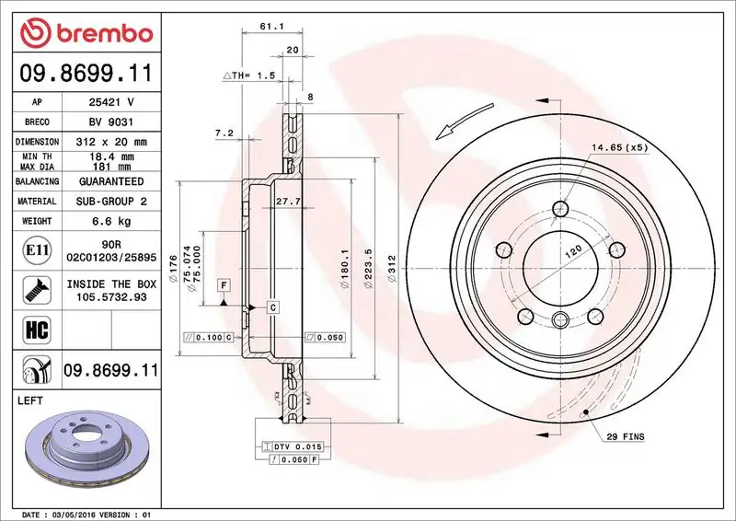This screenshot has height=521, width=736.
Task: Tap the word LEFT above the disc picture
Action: tap(32, 401)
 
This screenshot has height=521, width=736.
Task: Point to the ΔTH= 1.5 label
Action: tap(249, 75)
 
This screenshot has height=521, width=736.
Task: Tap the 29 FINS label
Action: tap(627, 434)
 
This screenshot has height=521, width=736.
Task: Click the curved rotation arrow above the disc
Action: tap(472, 121)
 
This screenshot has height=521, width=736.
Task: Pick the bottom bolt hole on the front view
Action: tap(560, 319)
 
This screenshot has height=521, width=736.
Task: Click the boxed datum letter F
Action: tap(224, 285)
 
